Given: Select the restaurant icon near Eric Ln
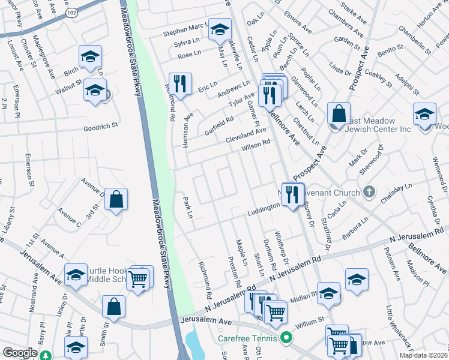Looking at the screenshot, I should [179, 83].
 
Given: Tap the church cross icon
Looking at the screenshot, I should [369, 193].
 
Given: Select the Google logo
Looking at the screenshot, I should [19, 353].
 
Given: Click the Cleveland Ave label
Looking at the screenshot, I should [245, 134].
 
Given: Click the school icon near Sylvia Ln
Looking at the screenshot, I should [220, 29].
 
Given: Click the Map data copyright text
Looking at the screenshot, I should [423, 355].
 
